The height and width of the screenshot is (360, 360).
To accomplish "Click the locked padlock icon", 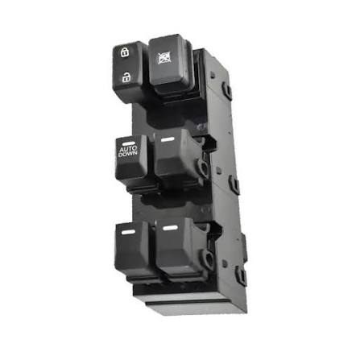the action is coord(125,52).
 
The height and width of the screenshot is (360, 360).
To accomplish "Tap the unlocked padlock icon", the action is coord(126,77).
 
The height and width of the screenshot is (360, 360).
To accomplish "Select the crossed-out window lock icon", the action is coord(164,58).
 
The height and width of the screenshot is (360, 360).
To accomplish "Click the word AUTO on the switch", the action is coord(128,149).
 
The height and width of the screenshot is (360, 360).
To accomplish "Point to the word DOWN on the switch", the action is coord(128,154).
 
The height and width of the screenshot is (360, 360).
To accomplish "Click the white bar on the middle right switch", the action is coord(168,139).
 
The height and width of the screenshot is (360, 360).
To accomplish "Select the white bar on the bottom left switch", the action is coord(128,232).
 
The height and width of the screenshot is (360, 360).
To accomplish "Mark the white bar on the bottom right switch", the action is coord(170,228).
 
